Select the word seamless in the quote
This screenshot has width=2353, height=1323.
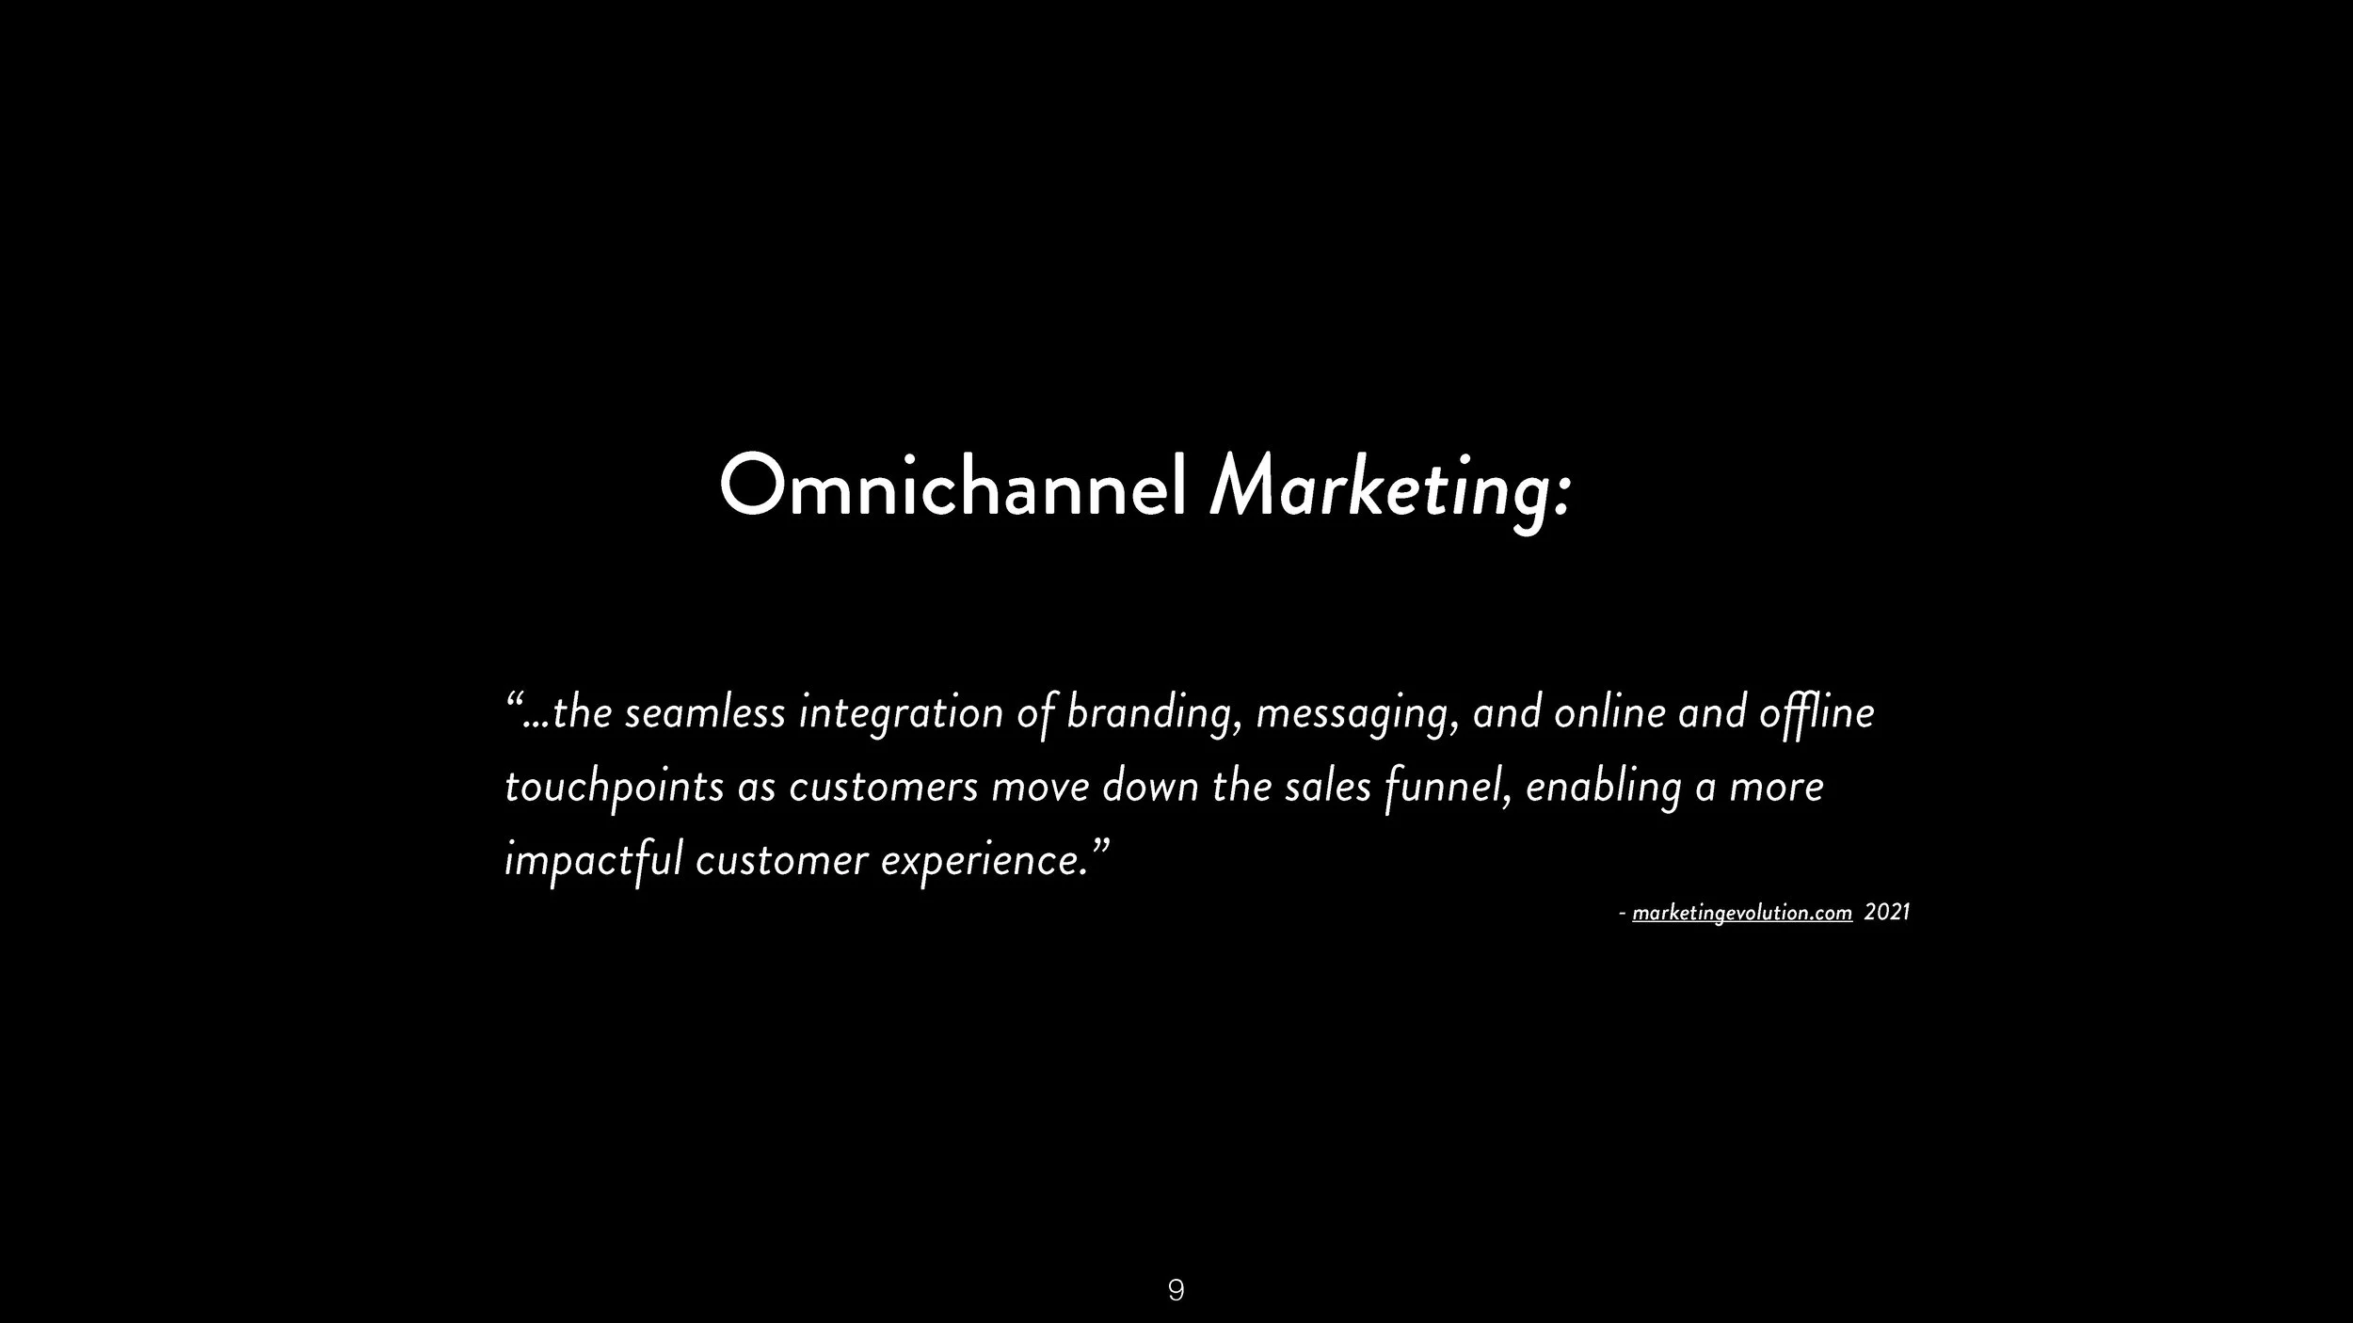[x=704, y=712]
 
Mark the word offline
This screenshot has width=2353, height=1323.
[x=1817, y=712]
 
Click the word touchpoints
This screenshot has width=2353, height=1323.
[x=614, y=788]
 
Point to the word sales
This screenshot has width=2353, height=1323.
[x=1327, y=787]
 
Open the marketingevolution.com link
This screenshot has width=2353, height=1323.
[x=1741, y=913]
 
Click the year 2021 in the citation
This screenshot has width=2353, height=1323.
[x=1887, y=913]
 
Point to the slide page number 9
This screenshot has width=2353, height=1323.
[x=1176, y=1290]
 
